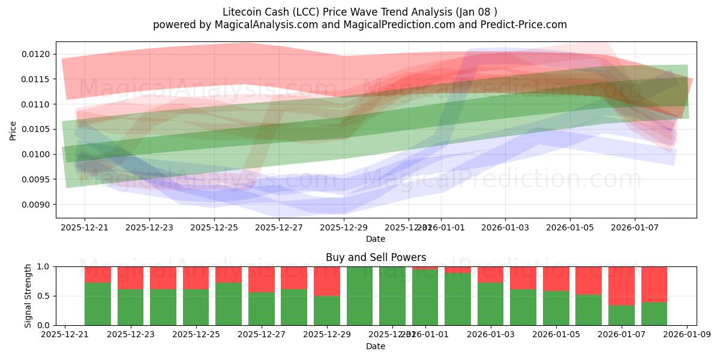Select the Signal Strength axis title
click(x=28, y=296)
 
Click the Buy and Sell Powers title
click(x=376, y=257)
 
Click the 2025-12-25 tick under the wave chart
click(x=214, y=228)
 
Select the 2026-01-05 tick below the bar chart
click(x=556, y=335)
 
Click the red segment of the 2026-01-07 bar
click(x=622, y=286)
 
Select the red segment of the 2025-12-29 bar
click(x=327, y=281)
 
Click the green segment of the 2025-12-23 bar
click(x=131, y=307)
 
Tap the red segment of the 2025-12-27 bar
click(x=262, y=279)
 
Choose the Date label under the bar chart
click(x=376, y=346)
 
